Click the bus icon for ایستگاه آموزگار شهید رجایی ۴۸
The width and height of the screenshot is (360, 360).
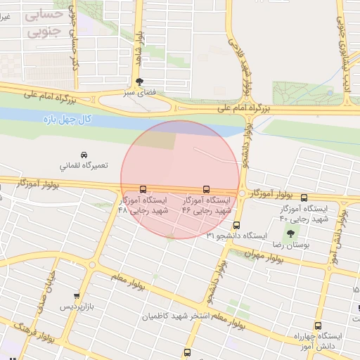pos(143,189)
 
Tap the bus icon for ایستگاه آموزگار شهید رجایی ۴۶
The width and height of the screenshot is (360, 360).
pos(206,189)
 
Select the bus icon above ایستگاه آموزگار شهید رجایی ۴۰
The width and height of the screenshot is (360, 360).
pos(304,198)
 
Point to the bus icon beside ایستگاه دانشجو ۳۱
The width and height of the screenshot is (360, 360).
pos(236,226)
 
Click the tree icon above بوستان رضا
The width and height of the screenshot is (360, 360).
pos(290,233)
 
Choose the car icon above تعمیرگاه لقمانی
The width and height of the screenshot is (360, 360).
pos(84,154)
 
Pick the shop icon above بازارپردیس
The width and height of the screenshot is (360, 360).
pos(76,296)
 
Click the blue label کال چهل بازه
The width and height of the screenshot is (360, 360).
pos(67,120)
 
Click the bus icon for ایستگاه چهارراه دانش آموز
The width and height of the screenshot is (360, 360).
pos(319,326)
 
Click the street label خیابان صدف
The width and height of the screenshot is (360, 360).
pos(50,288)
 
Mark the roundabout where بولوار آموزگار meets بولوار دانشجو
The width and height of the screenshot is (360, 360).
pos(242,193)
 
